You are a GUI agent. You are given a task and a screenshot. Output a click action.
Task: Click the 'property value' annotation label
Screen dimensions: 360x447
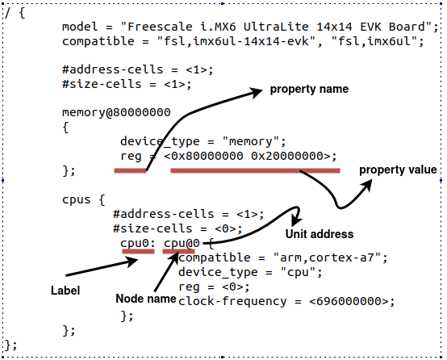[398, 170]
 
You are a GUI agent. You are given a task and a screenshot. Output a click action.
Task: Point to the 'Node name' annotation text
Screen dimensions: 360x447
[146, 299]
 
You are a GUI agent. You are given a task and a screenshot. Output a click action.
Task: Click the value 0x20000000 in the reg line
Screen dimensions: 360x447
[293, 156]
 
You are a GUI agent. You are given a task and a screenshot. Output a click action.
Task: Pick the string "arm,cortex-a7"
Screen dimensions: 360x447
[342, 257]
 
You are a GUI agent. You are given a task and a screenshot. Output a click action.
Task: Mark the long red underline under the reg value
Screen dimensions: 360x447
[255, 170]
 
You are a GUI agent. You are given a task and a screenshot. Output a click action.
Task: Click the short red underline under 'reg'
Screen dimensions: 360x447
[130, 170]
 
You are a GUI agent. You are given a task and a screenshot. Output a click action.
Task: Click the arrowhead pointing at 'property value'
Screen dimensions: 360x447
[368, 182]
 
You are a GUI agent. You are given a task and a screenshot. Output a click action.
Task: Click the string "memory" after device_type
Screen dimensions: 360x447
[255, 140]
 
